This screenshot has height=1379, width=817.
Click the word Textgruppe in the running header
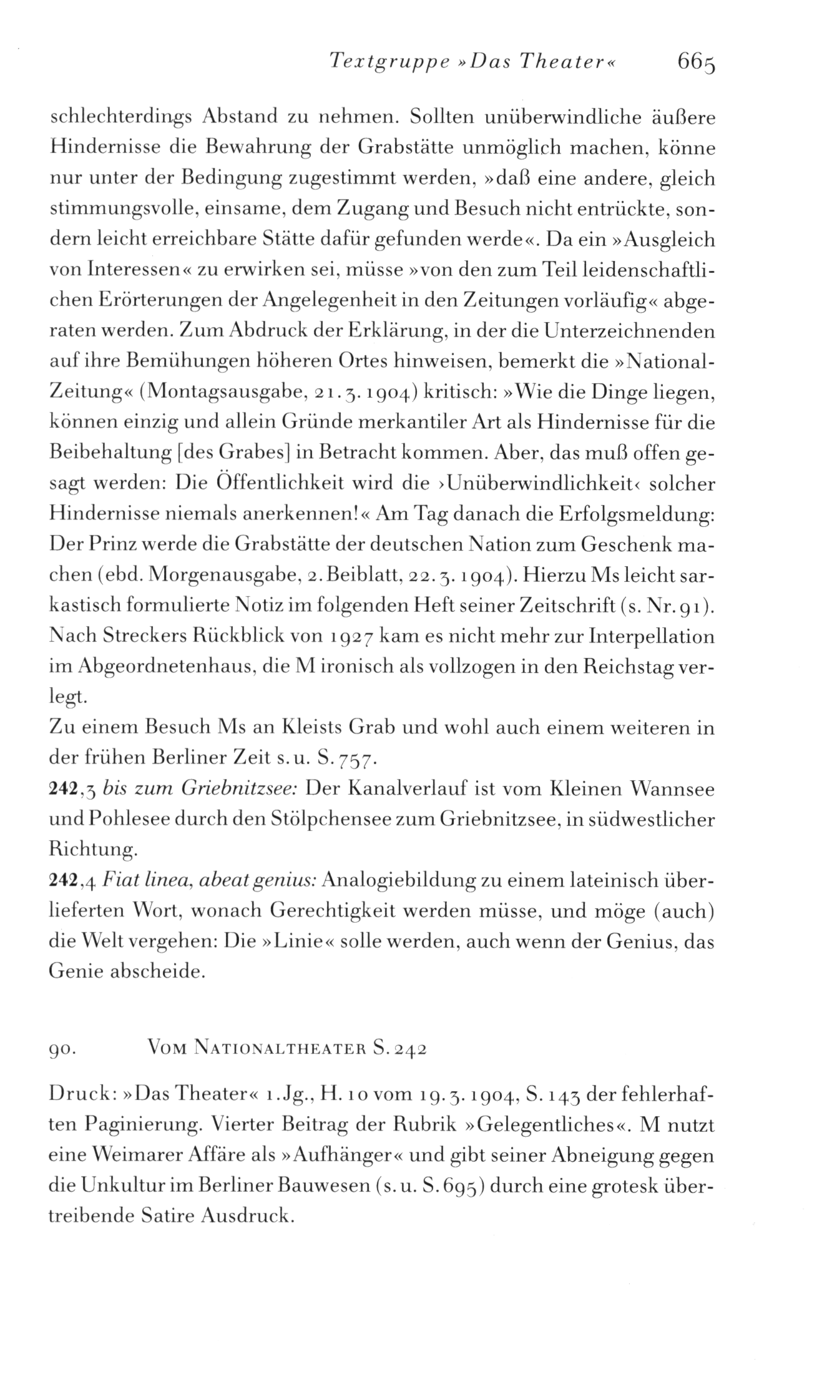pyautogui.click(x=381, y=62)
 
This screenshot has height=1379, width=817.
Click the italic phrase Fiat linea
pyautogui.click(x=137, y=881)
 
